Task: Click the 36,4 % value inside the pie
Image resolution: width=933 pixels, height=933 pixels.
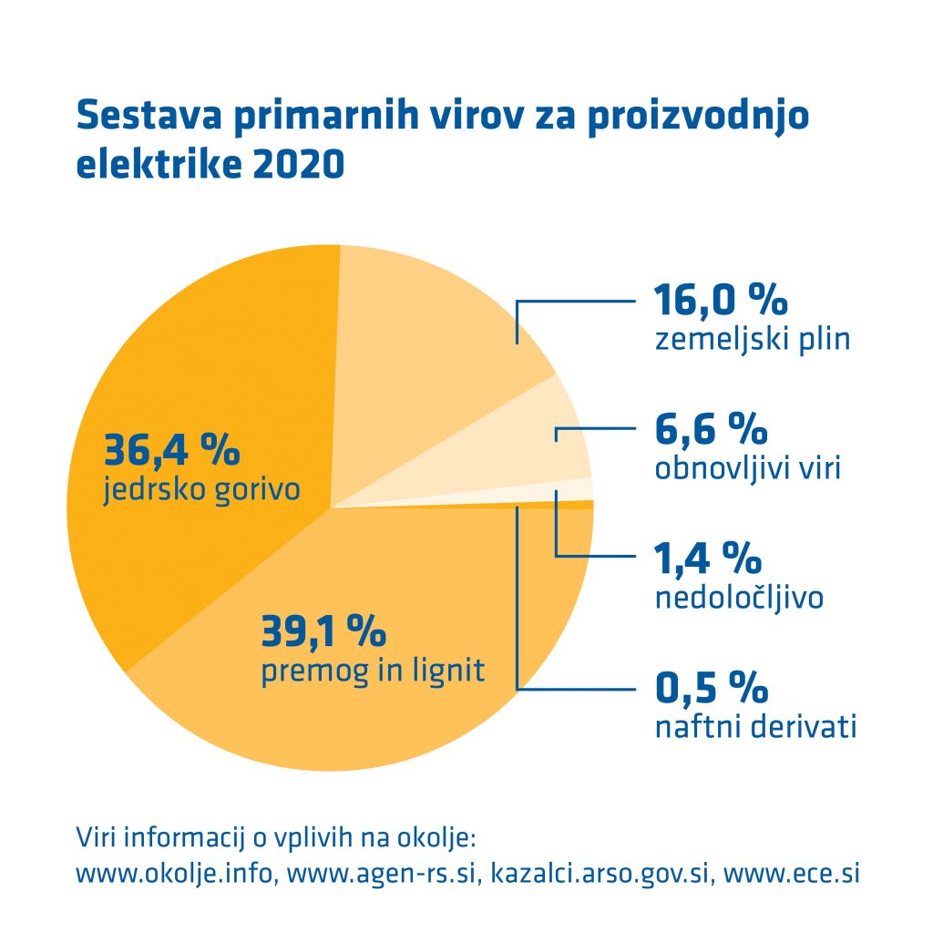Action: click(x=171, y=449)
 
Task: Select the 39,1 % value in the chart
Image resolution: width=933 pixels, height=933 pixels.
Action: click(x=323, y=630)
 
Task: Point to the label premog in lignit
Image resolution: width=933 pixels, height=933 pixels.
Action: click(x=373, y=672)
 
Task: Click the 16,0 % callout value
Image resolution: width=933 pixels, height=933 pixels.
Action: click(x=721, y=300)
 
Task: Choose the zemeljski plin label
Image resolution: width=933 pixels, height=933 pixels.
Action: click(x=753, y=341)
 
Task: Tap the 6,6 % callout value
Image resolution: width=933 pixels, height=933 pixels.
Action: click(x=712, y=427)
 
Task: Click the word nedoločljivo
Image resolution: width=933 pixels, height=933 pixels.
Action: click(x=740, y=598)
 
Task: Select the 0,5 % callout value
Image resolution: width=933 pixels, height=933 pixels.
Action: click(x=712, y=686)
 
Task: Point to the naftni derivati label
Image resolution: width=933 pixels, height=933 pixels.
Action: click(x=755, y=728)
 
